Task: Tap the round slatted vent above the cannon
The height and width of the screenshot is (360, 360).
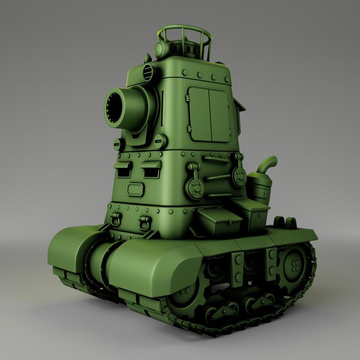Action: (147, 71)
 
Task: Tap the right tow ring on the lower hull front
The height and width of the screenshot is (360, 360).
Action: (145, 222)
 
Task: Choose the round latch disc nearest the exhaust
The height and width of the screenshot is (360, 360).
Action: (238, 177)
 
